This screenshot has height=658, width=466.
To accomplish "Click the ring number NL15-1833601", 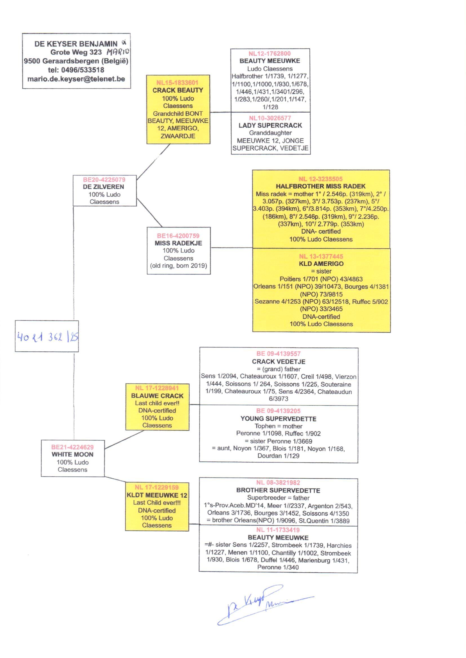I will pyautogui.click(x=177, y=82).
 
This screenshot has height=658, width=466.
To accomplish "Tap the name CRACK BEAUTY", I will pyautogui.click(x=177, y=90).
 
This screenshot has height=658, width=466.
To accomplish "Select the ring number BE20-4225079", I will pyautogui.click(x=104, y=180).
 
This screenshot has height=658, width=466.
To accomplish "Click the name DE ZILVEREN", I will pyautogui.click(x=104, y=187).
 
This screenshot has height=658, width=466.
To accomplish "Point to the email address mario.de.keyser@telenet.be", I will pyautogui.click(x=76, y=79).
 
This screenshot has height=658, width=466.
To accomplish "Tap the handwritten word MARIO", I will pyautogui.click(x=118, y=52).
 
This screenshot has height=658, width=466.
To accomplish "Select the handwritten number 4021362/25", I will pyautogui.click(x=48, y=337).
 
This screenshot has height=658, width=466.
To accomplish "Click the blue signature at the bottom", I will pyautogui.click(x=258, y=605).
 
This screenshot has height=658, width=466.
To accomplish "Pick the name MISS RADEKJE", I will pyautogui.click(x=178, y=243).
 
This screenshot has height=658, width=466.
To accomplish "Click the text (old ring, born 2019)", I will pyautogui.click(x=178, y=266).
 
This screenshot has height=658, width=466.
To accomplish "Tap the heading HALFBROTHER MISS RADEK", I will pyautogui.click(x=321, y=186).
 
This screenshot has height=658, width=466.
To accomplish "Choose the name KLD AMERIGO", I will pyautogui.click(x=321, y=264).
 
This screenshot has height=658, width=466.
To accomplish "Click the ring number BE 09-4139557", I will pyautogui.click(x=278, y=354).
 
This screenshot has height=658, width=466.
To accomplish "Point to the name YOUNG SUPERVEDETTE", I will pyautogui.click(x=278, y=419).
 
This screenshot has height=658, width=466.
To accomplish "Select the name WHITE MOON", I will pyautogui.click(x=73, y=454).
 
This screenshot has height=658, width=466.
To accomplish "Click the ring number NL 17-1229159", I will pyautogui.click(x=157, y=487).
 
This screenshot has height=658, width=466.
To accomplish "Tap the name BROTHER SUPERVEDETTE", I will pyautogui.click(x=278, y=490).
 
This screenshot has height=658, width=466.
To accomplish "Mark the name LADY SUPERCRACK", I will pyautogui.click(x=270, y=126).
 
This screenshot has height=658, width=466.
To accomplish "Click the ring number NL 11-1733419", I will pyautogui.click(x=278, y=530).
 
